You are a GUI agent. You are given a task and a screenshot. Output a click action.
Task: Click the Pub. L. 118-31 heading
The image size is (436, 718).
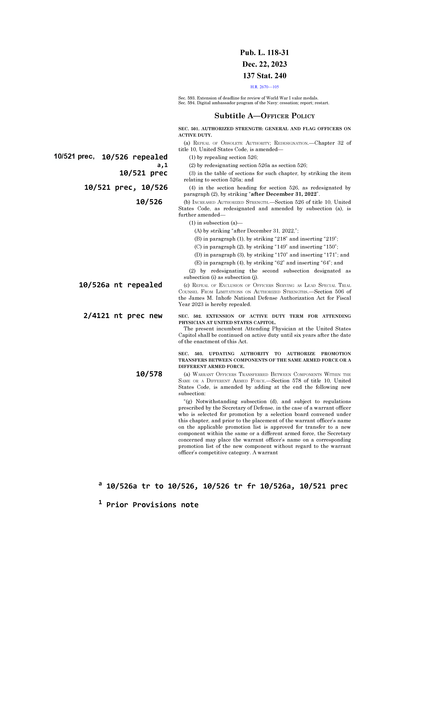pyautogui.click(x=264, y=53)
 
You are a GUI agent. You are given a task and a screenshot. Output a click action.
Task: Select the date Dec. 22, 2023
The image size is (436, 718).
pyautogui.click(x=264, y=64)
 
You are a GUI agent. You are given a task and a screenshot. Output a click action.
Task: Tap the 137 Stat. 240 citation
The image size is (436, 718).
pyautogui.click(x=264, y=76)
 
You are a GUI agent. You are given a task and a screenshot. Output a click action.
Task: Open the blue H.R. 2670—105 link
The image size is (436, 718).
pyautogui.click(x=264, y=87)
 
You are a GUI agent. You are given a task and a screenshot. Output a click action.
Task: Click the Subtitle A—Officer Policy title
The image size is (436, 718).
pyautogui.click(x=264, y=116)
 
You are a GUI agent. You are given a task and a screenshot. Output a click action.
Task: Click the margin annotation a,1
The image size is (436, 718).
pyautogui.click(x=162, y=165)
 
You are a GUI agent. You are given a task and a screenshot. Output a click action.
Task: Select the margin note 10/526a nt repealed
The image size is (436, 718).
pyautogui.click(x=120, y=285)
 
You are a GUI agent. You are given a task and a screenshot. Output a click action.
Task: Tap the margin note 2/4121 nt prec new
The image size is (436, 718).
pyautogui.click(x=123, y=316)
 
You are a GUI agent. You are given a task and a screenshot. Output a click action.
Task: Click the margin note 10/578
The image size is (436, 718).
pyautogui.click(x=149, y=374)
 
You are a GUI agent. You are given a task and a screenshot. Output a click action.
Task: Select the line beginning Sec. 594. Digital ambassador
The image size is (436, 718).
pyautogui.click(x=254, y=103)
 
